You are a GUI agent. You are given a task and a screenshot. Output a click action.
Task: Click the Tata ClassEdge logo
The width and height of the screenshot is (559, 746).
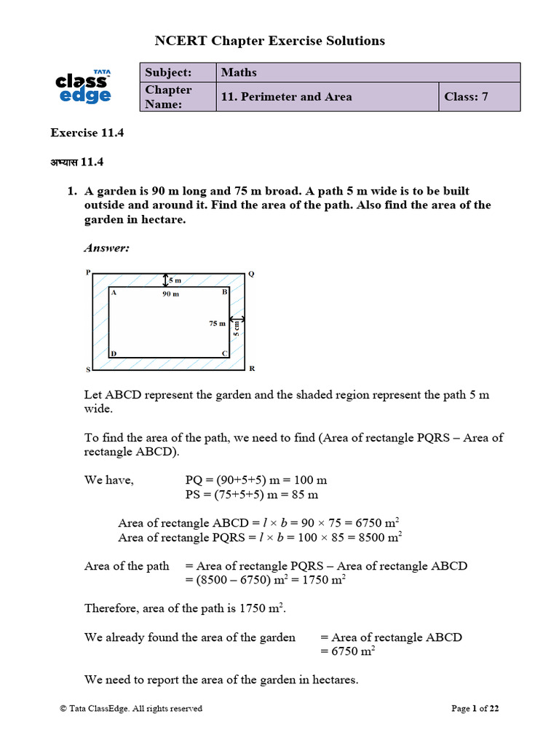[84, 87]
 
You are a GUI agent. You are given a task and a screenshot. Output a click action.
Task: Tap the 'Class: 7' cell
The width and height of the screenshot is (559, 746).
[467, 96]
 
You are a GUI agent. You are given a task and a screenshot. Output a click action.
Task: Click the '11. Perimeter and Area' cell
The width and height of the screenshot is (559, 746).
[287, 96]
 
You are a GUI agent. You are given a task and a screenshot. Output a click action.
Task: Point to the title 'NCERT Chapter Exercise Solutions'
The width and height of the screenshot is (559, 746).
[270, 41]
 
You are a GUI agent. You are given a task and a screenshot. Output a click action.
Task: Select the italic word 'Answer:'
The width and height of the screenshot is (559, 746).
[107, 248]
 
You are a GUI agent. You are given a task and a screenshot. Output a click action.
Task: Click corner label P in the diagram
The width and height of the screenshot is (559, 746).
[88, 272]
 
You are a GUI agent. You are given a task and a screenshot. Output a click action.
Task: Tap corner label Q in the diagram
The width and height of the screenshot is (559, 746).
[252, 274]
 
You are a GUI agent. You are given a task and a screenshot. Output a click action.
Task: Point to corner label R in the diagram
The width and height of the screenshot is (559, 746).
[252, 369]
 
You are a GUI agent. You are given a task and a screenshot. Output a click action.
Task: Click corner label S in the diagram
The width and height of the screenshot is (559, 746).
[88, 370]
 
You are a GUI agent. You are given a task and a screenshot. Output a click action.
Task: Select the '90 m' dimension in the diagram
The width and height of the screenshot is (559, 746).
[170, 294]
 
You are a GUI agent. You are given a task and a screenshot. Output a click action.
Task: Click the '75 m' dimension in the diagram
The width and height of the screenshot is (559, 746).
[217, 323]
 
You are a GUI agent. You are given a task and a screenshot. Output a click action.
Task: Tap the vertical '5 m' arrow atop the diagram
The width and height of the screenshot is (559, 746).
[166, 280]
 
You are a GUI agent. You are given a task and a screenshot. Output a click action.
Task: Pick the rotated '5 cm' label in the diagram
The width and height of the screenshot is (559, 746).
[237, 329]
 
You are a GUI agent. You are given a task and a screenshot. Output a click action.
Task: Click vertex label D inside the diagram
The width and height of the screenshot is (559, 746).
[114, 354]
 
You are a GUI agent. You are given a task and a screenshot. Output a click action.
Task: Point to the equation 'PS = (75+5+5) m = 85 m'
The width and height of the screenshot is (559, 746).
[253, 495]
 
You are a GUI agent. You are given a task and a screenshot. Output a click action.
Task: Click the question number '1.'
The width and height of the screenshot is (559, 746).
[72, 191]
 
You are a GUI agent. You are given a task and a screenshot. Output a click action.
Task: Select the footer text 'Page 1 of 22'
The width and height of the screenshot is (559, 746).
[475, 708]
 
